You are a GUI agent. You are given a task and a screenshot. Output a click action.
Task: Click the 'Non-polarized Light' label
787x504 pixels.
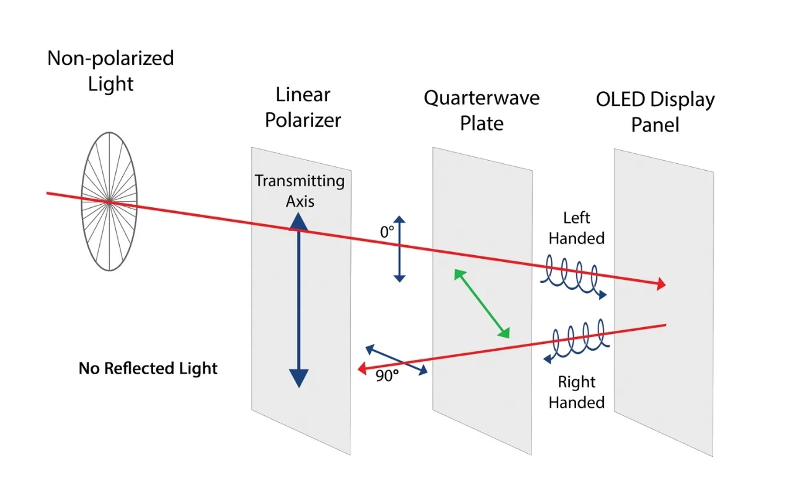click(110, 70)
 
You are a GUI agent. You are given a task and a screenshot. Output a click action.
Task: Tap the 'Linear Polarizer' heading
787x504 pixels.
click(303, 107)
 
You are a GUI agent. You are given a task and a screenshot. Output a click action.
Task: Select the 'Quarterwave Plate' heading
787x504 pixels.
click(482, 110)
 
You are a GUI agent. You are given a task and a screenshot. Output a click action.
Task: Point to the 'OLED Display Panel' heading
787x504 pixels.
click(656, 112)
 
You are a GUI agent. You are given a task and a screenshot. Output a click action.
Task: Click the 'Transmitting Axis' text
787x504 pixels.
click(300, 191)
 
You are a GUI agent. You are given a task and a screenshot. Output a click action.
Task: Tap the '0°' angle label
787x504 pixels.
click(387, 232)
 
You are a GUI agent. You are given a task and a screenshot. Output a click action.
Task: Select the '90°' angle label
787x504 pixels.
click(387, 376)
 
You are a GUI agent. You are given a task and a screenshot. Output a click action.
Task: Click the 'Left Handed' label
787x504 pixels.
click(577, 228)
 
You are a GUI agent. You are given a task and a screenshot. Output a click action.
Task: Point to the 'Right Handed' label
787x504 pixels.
click(577, 392)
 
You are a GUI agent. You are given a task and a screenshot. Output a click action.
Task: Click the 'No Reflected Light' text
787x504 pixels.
click(148, 368)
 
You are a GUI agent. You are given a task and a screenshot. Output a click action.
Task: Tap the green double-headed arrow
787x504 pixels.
click(482, 304)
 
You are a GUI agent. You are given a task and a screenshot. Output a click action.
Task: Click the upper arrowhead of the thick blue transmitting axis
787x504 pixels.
click(299, 222)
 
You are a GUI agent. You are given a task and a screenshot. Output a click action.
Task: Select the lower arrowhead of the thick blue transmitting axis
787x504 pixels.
click(299, 379)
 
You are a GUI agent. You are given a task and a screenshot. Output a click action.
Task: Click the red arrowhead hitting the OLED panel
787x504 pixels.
click(661, 284)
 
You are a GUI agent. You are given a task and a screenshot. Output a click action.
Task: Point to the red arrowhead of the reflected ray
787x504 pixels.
click(362, 369)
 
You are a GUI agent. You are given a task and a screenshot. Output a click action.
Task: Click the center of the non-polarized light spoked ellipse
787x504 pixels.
click(109, 202)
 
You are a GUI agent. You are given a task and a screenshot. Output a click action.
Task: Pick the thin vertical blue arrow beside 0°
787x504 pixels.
click(399, 249)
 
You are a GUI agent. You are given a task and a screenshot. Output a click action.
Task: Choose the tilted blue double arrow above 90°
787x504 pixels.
click(397, 359)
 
